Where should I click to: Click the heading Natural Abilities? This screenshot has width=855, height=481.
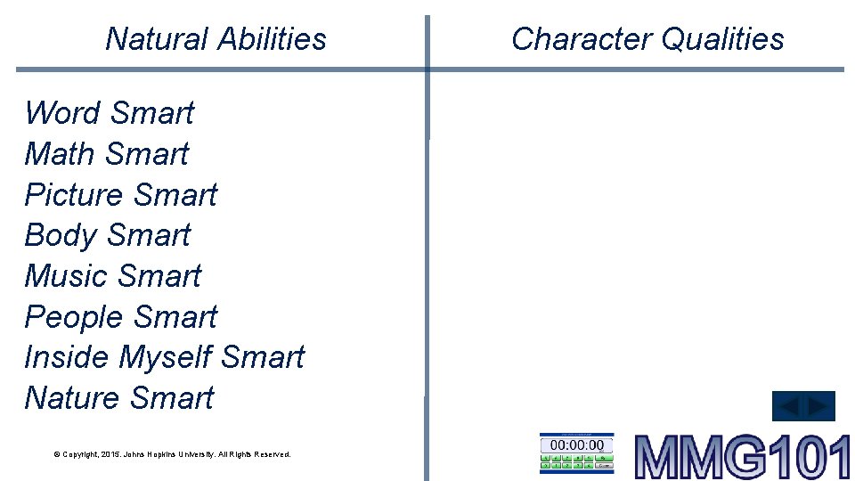pyautogui.click(x=216, y=39)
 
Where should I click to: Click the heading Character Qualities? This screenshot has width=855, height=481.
pyautogui.click(x=647, y=39)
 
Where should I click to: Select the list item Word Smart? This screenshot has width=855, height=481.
pyautogui.click(x=109, y=113)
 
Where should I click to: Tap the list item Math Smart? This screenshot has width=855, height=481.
pyautogui.click(x=107, y=154)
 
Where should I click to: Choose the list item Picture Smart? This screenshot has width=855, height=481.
pyautogui.click(x=121, y=195)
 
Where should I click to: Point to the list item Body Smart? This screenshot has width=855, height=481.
pyautogui.click(x=108, y=235)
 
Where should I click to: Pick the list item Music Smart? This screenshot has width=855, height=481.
pyautogui.click(x=113, y=276)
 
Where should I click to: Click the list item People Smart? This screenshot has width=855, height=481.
pyautogui.click(x=121, y=317)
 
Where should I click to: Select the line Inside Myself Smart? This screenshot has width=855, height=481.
pyautogui.click(x=164, y=357)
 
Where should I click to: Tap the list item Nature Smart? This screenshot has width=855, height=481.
pyautogui.click(x=119, y=398)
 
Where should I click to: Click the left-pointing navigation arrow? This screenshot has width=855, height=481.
pyautogui.click(x=789, y=407)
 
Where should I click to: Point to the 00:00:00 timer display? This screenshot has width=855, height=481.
pyautogui.click(x=576, y=444)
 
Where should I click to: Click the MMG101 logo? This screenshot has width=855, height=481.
pyautogui.click(x=743, y=456)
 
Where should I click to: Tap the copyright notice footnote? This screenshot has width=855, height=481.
pyautogui.click(x=172, y=454)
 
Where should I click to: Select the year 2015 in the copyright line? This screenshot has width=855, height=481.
pyautogui.click(x=105, y=454)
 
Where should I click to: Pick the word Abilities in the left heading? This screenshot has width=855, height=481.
pyautogui.click(x=272, y=39)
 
